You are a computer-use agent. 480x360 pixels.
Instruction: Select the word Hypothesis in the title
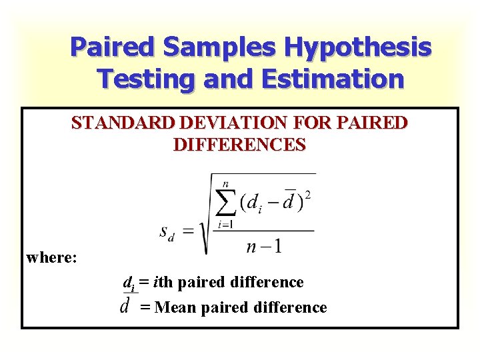pyautogui.click(x=358, y=48)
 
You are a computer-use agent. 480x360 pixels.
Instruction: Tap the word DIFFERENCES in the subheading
pyautogui.click(x=239, y=144)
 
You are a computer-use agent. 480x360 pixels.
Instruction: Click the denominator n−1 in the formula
pyautogui.click(x=263, y=247)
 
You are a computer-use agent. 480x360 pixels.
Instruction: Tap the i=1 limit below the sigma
pyautogui.click(x=225, y=225)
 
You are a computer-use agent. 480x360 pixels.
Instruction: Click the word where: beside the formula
pyautogui.click(x=52, y=257)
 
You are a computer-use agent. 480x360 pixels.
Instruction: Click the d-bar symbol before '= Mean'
pyautogui.click(x=125, y=305)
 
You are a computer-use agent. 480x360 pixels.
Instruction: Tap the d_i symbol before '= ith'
pyautogui.click(x=129, y=283)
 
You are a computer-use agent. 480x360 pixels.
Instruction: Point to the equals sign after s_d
pyautogui.click(x=189, y=231)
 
